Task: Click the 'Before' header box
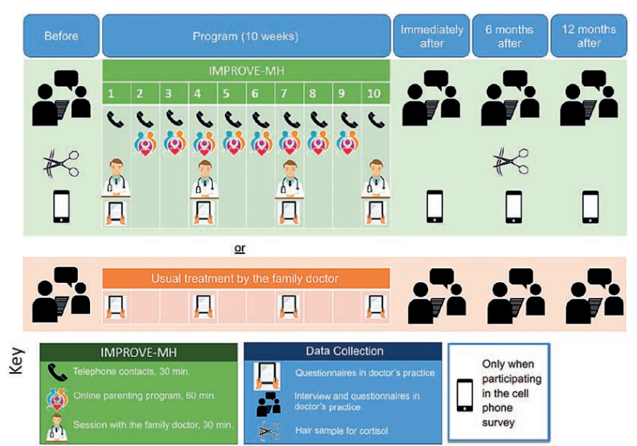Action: coord(61,36)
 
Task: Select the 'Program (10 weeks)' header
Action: coord(246,36)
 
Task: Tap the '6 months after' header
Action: coord(509,36)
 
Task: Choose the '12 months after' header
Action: coord(589,36)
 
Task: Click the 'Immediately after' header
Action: coord(431,36)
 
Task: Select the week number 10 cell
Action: coord(375,93)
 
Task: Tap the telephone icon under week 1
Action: coord(116,119)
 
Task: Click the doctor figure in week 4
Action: coord(204,179)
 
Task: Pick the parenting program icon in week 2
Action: coord(145,144)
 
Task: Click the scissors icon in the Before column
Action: coord(61,164)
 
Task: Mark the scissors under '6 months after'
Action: coord(511,162)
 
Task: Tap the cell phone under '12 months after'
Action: coord(590,207)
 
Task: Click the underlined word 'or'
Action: coord(239,248)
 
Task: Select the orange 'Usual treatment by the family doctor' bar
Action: coord(246,279)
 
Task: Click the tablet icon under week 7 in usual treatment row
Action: coord(288,306)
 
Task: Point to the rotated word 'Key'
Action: coord(17,361)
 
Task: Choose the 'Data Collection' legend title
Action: coord(345,351)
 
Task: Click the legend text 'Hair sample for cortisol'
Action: coord(341,431)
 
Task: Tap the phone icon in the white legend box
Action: coord(465,395)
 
